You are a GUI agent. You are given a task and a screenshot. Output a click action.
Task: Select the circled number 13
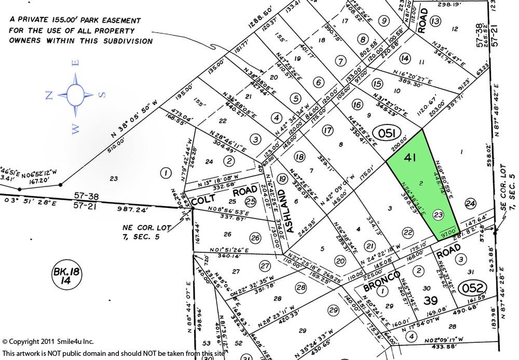(x=435, y=21)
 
